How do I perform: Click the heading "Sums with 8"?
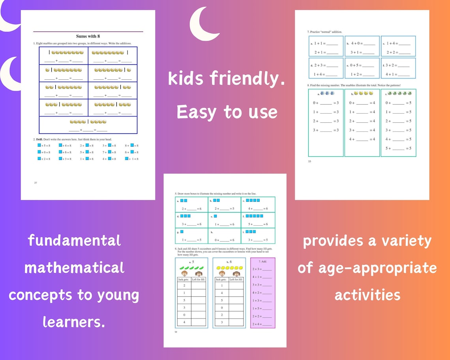88,36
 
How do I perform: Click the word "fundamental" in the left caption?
74,240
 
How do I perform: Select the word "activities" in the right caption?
367,294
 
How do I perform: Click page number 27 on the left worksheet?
36,183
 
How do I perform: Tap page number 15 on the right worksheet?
309,161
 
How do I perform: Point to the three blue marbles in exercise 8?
327,94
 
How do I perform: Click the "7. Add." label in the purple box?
263,262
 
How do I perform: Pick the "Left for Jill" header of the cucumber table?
199,279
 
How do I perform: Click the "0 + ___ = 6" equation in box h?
224,240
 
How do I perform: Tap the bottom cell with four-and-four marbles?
88,125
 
